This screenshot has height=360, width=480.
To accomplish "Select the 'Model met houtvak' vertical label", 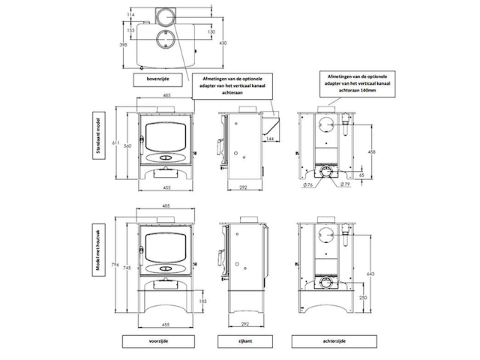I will [96, 252].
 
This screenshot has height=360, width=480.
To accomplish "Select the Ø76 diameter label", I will [309, 185].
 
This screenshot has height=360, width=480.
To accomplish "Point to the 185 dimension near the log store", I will [202, 301].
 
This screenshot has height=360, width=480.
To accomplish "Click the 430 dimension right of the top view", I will [223, 43].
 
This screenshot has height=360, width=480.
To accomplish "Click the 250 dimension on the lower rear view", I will [362, 298].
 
